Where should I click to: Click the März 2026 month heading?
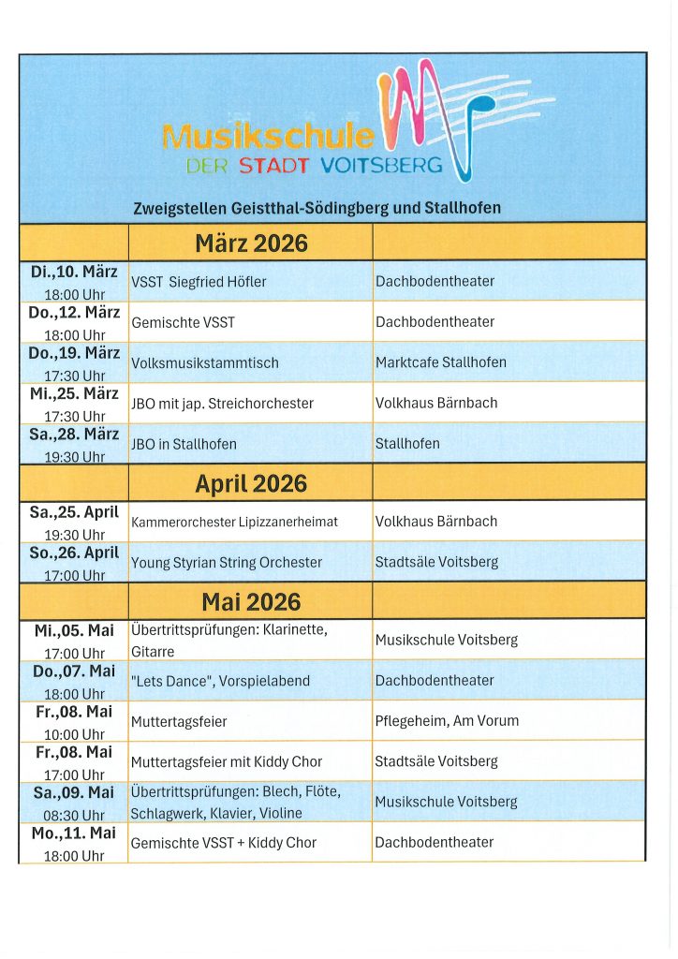pos(251,243)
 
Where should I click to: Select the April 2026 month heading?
pos(251,483)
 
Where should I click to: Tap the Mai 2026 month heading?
pos(251,601)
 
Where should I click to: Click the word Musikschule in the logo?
pos(268,138)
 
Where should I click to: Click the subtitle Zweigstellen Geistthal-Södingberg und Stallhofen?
pos(317,207)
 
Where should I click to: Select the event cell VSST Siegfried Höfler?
pos(199,282)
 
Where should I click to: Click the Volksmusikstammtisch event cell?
pos(205,362)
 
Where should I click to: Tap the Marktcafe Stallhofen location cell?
pos(440,362)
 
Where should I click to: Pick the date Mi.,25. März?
pos(74,393)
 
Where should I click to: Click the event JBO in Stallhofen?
pos(184,444)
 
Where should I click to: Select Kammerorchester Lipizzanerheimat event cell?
pos(235,522)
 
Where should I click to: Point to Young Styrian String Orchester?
pos(227,563)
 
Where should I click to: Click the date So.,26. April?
pos(74,553)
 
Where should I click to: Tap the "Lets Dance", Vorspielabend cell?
pos(220,681)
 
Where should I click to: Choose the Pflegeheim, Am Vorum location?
pos(447,721)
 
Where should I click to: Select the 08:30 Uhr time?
pos(74,815)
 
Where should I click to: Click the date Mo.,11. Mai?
pos(74,833)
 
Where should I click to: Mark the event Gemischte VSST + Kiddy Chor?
pos(224,843)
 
